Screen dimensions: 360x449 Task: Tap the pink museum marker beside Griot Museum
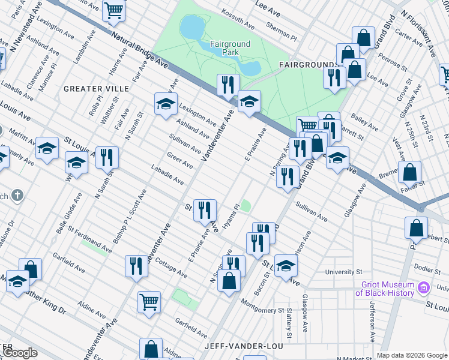click(424, 289)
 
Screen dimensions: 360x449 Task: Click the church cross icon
click(17, 196)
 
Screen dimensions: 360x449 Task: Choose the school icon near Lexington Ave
click(166, 104)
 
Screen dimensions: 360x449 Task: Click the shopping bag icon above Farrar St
click(409, 172)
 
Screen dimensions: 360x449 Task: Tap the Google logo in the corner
click(19, 353)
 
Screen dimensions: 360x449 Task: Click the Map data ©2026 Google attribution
click(412, 355)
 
